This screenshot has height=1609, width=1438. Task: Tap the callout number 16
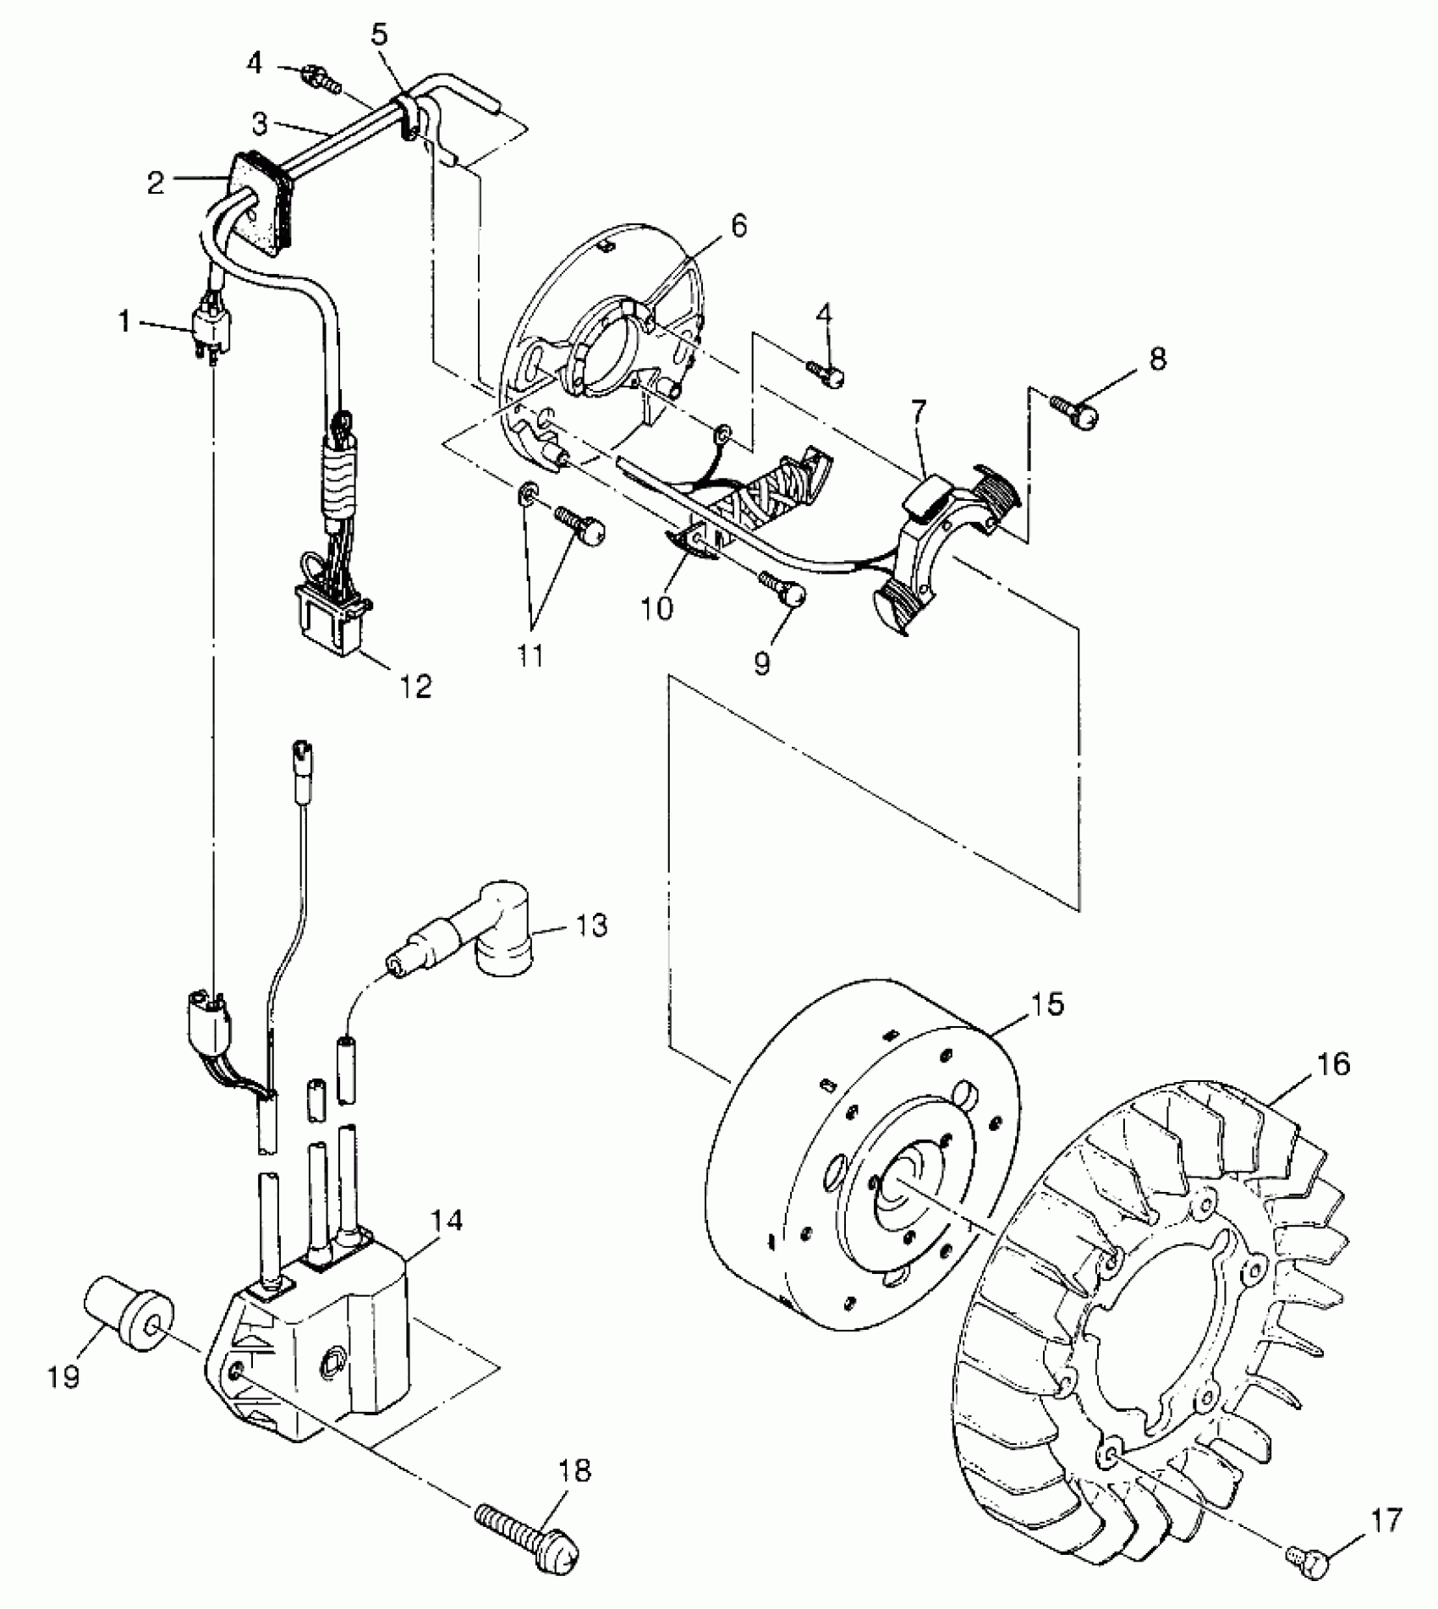coord(1333,1063)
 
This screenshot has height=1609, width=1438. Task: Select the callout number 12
coord(415,685)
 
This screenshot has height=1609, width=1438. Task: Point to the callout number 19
coord(65,1376)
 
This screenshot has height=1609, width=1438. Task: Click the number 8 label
coord(1157,359)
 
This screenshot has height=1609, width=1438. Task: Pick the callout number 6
coord(738,227)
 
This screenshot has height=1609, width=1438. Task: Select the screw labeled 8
coord(1077,410)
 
